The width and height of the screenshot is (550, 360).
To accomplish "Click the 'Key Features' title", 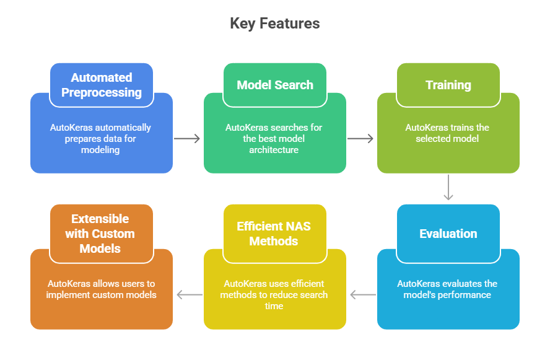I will point(275,24).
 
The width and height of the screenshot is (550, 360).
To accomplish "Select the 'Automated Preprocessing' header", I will point(102,85).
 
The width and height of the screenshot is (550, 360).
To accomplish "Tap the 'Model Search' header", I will point(275,85).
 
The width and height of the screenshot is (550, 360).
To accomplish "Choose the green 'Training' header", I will point(448,85).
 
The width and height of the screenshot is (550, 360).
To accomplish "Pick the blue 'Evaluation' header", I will point(448,234).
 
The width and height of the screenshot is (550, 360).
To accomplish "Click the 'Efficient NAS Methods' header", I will point(275,234).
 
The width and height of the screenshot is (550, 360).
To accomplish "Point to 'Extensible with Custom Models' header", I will point(102,234).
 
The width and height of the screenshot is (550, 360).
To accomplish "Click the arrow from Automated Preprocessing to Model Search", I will point(188,139).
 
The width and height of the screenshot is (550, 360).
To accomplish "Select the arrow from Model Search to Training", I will point(361,139).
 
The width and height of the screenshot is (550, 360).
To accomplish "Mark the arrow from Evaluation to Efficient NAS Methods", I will point(362,295).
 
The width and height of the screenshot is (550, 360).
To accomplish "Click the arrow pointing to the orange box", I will point(189,295).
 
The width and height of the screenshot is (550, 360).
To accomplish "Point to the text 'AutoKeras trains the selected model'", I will point(447,133).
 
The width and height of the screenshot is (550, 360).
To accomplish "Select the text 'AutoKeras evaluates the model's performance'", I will point(447,289).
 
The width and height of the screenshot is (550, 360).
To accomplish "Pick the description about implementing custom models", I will point(102,289).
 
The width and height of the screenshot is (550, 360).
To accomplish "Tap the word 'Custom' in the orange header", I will point(113,234).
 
